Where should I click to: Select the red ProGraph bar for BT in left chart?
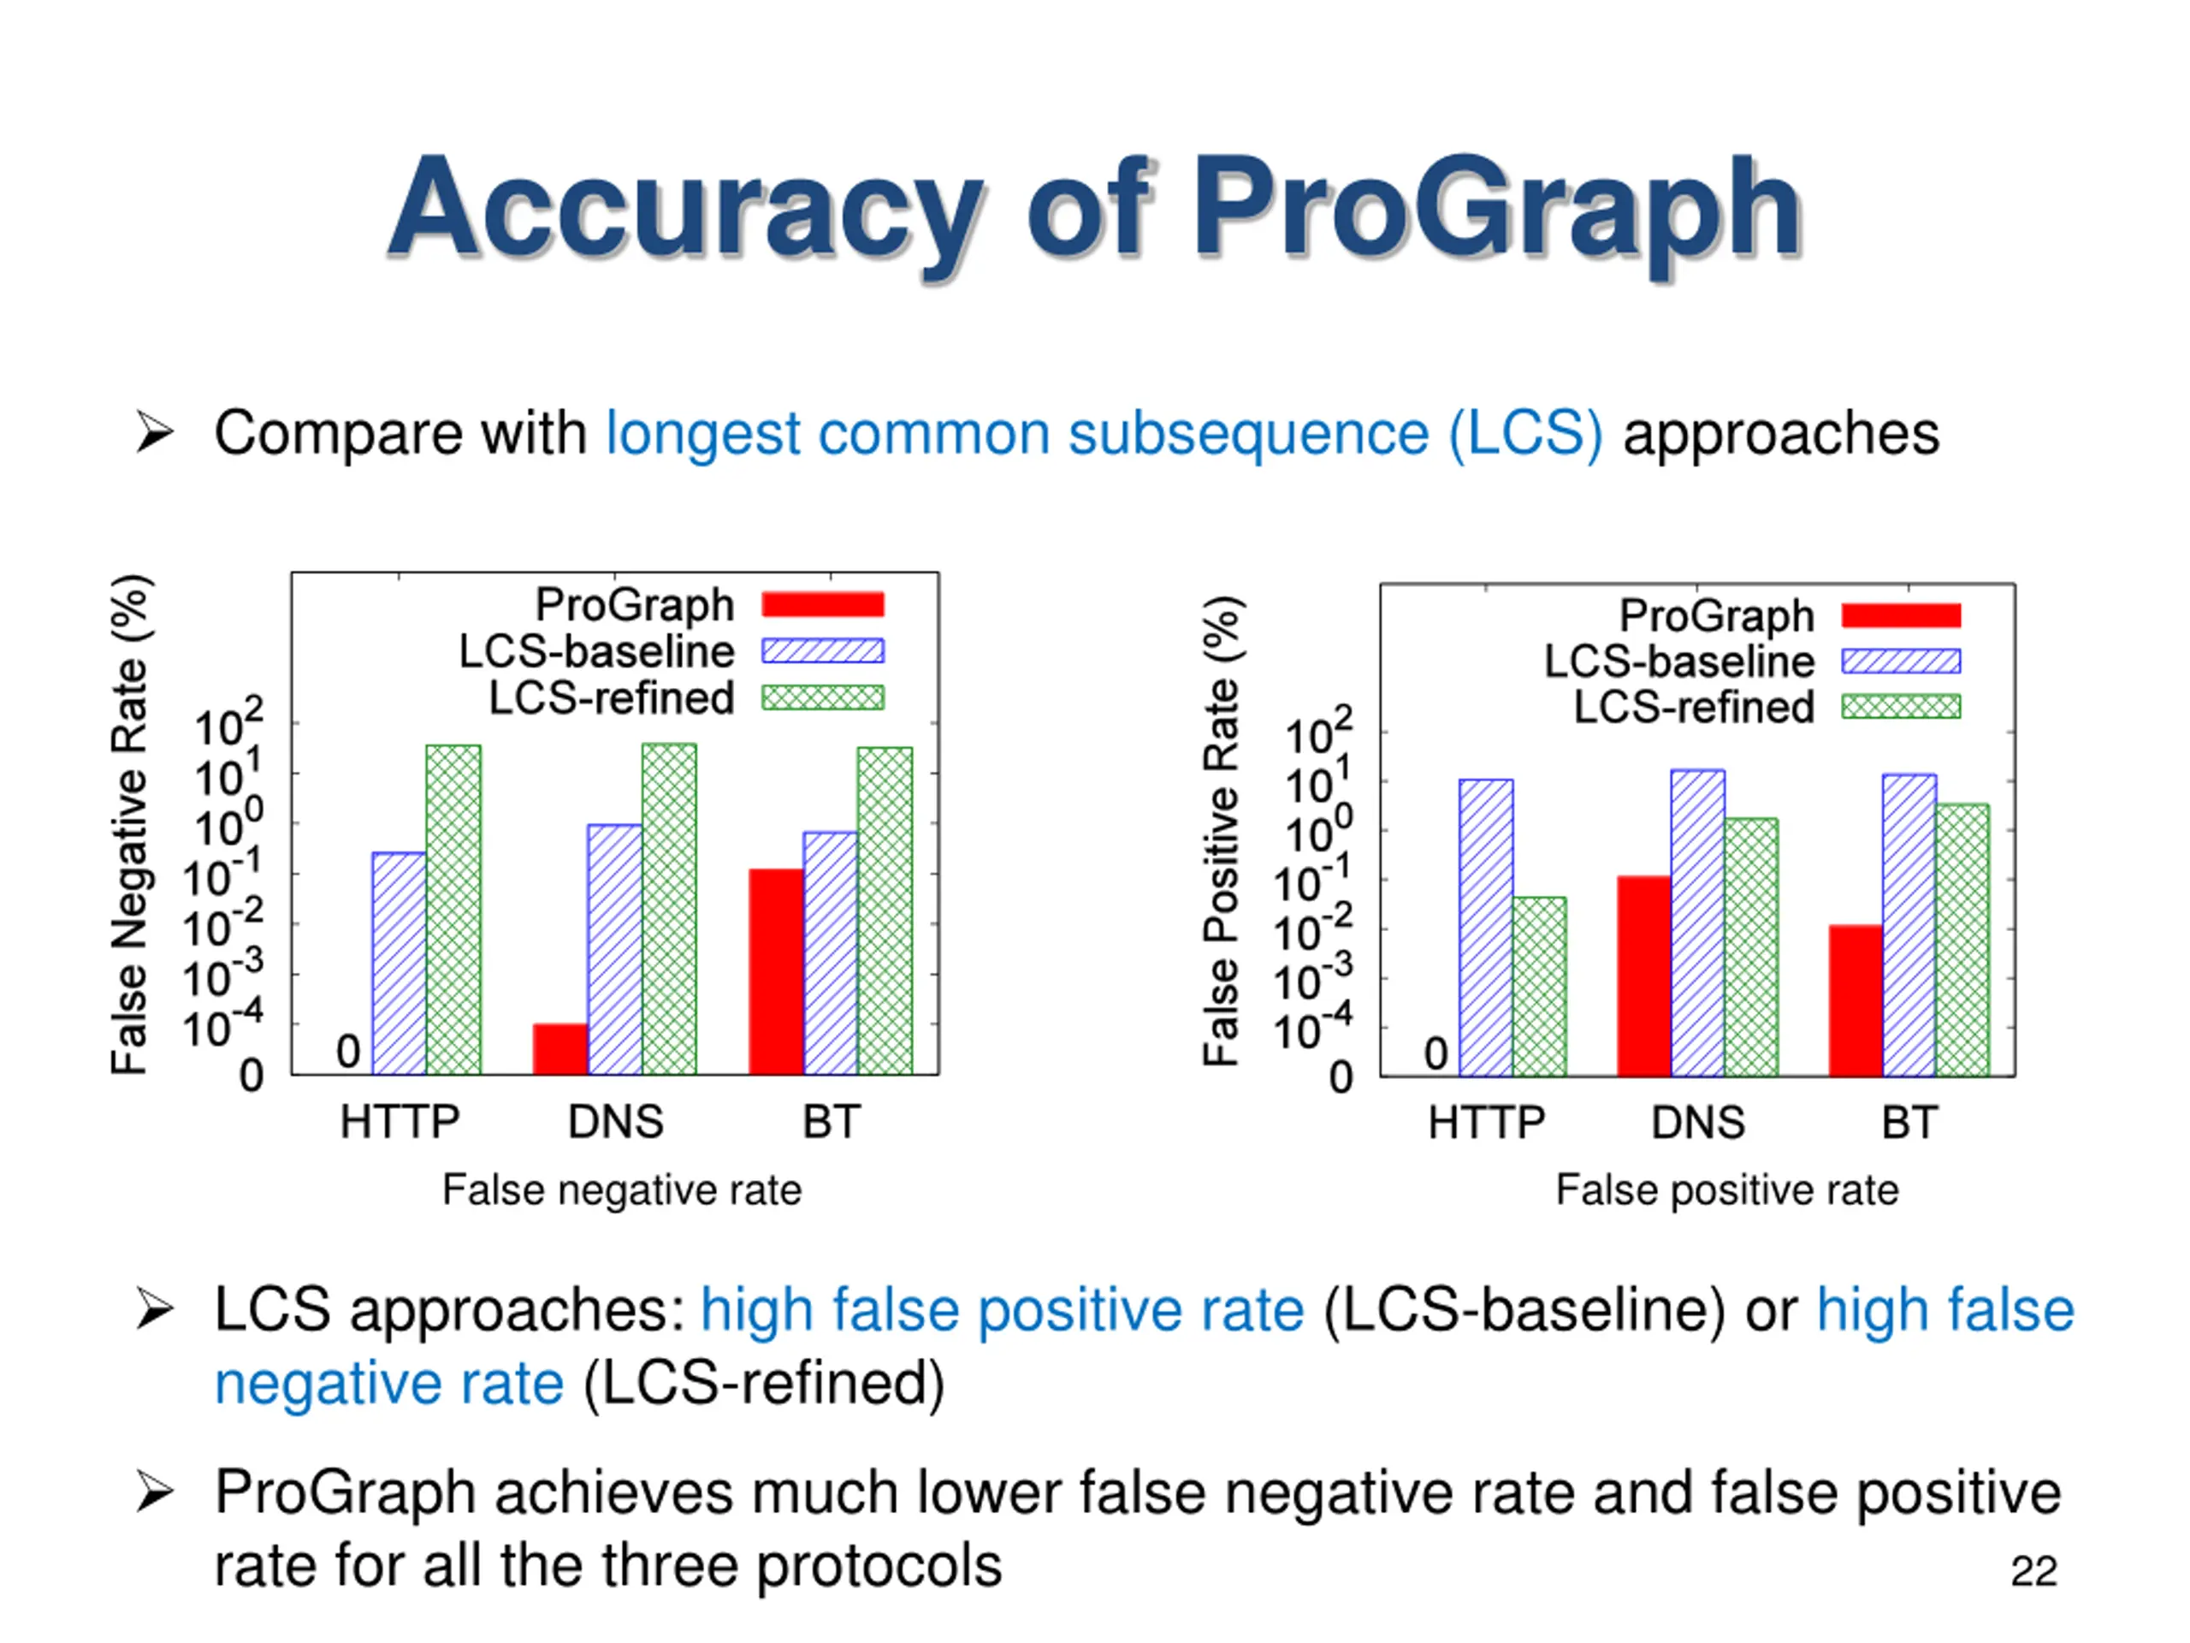(x=775, y=970)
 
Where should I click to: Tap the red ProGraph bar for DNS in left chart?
(x=560, y=1049)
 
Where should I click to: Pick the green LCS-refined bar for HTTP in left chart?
(x=453, y=909)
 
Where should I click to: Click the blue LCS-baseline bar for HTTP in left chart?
(x=399, y=963)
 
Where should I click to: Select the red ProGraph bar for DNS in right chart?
(x=1643, y=976)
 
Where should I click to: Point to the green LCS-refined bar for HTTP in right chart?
(x=1540, y=986)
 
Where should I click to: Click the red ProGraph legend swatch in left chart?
(x=823, y=604)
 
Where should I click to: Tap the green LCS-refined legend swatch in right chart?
(x=1901, y=706)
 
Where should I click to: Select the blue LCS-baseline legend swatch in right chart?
(x=1901, y=661)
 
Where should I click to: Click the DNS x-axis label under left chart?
(x=615, y=1122)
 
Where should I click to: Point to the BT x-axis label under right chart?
(x=1909, y=1123)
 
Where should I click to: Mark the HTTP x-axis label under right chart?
(x=1486, y=1123)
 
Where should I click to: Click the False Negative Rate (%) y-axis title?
(x=130, y=824)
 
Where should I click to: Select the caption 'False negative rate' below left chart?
(x=622, y=1189)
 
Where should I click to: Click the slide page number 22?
(x=2033, y=1572)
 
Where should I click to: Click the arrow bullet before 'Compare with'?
(x=155, y=433)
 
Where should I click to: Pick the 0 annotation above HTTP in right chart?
(x=1435, y=1053)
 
